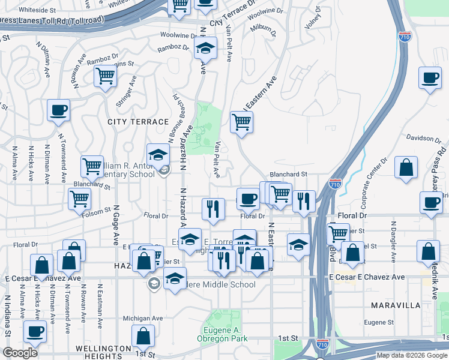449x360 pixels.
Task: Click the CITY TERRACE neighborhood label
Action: pyautogui.click(x=138, y=122)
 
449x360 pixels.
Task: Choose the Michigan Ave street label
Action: pyautogui.click(x=143, y=319)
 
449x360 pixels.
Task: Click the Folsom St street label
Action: pyautogui.click(x=101, y=211)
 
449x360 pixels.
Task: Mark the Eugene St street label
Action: pyautogui.click(x=378, y=323)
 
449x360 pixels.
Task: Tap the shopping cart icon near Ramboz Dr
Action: pyautogui.click(x=105, y=76)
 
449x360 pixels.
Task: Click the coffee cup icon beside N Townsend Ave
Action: pyautogui.click(x=58, y=110)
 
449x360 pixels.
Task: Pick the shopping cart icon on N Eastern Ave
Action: pyautogui.click(x=241, y=121)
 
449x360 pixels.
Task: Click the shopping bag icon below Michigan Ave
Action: pyautogui.click(x=143, y=335)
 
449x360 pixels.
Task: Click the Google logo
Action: pyautogui.click(x=20, y=353)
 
